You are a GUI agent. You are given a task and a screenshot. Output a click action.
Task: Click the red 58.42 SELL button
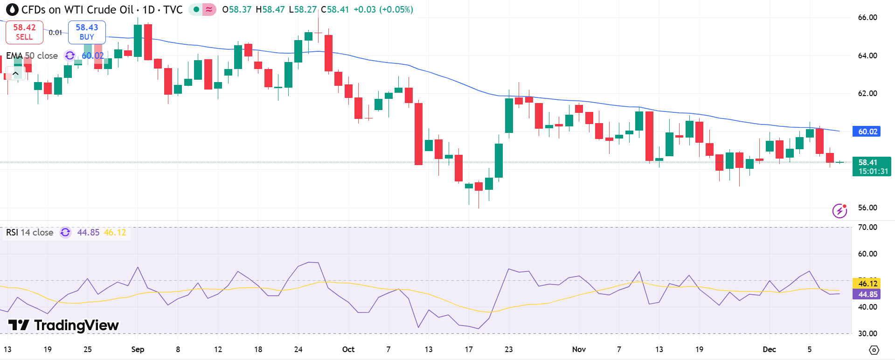[x=24, y=32]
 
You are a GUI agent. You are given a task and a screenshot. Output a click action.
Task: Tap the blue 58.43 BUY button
[x=87, y=32]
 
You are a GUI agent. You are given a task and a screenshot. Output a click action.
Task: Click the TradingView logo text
[x=64, y=325]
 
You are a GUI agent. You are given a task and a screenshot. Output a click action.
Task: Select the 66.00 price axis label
[x=867, y=18]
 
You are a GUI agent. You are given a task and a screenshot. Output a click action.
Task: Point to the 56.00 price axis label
[x=867, y=208]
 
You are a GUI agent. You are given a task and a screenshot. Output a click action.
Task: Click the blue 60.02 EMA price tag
[x=867, y=132]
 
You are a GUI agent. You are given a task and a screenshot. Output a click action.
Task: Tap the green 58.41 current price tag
[x=871, y=166]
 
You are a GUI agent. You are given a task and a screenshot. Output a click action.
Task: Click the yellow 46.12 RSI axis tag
[x=867, y=284]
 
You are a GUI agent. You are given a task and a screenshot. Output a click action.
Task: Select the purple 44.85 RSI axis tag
[x=867, y=294]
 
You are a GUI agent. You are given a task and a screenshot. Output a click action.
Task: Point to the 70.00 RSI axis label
[x=867, y=228]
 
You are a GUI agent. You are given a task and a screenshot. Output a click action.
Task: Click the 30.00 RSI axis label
[x=867, y=333]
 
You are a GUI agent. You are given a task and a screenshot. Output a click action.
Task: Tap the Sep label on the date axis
[x=138, y=349]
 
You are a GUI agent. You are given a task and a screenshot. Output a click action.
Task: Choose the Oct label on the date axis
[x=348, y=349]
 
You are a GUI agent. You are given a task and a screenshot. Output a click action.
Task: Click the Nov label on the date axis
[x=579, y=349]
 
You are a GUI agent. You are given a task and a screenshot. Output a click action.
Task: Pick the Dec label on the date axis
[x=769, y=349]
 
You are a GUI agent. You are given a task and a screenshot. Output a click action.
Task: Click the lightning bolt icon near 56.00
[x=839, y=211]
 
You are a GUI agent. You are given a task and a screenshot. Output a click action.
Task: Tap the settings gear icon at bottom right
[x=874, y=350]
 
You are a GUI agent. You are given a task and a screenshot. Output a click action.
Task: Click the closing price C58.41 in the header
[x=335, y=9]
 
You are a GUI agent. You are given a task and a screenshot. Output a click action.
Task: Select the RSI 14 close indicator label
[x=30, y=232]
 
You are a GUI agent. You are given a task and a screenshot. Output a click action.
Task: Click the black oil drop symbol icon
[x=12, y=9]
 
